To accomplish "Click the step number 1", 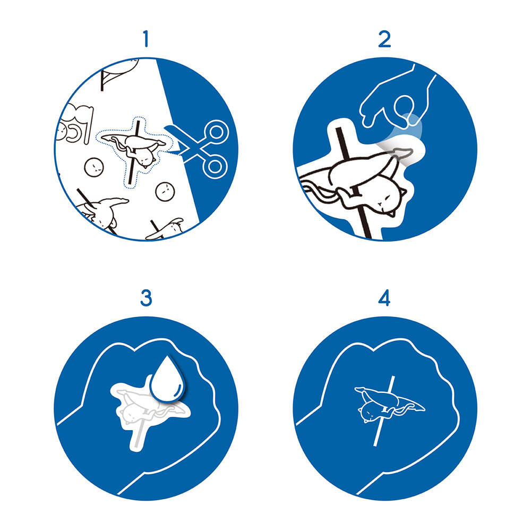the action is [146, 39].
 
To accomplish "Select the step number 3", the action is [146, 298].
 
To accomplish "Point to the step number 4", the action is [384, 298].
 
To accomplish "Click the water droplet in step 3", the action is [167, 378].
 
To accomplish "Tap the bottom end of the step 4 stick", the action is [375, 445].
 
